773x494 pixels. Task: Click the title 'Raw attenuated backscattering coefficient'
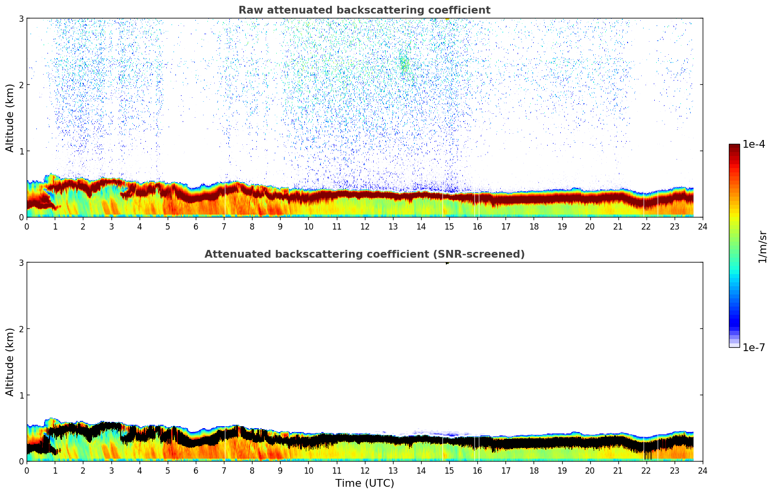[364, 10]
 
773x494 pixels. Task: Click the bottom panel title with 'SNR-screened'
[364, 254]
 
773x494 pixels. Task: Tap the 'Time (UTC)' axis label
[364, 483]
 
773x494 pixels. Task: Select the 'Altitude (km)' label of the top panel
[10, 118]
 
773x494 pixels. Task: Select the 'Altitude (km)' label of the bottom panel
[10, 362]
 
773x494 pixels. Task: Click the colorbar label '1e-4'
[754, 144]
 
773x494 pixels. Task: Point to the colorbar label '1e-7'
[754, 348]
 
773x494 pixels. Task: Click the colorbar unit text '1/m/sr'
[762, 247]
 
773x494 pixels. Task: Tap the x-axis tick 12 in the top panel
[364, 226]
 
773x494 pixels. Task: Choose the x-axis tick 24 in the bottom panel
[703, 470]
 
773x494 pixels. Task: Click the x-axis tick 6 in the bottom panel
[196, 470]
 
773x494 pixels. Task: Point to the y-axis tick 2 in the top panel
[21, 85]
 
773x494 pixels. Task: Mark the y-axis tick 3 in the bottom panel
[21, 262]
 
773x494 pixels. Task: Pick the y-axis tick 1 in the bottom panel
[21, 395]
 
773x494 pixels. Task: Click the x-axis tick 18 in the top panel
[534, 226]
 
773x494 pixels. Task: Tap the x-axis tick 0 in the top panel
[27, 226]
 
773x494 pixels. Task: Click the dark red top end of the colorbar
[734, 146]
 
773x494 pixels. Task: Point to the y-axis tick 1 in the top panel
[21, 151]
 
